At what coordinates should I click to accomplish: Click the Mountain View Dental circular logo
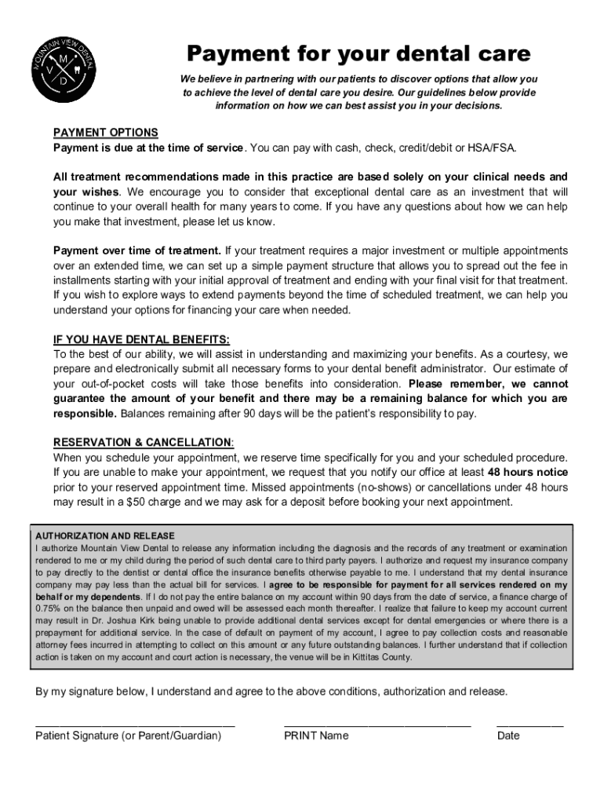pos(64,71)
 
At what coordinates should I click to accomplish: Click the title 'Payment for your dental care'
pos(358,54)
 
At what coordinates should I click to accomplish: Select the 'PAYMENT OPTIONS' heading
pos(105,132)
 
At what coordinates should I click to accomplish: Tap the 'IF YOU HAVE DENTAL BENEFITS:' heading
pos(141,339)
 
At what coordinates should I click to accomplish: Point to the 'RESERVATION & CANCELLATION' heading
pos(143,442)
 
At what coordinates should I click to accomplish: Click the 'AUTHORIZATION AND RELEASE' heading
pos(105,535)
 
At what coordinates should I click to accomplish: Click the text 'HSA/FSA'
pos(495,147)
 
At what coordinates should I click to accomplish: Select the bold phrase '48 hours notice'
pos(528,472)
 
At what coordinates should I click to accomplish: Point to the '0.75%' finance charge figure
pos(49,608)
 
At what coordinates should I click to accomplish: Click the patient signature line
pos(135,723)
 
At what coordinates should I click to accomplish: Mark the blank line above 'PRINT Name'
pos(377,723)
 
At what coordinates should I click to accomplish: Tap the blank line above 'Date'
pos(529,723)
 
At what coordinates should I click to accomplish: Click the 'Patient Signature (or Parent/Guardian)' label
pos(129,736)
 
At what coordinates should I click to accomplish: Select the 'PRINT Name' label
pos(316,736)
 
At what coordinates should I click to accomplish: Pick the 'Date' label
pos(508,736)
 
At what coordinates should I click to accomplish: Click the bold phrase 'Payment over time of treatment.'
pos(136,250)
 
